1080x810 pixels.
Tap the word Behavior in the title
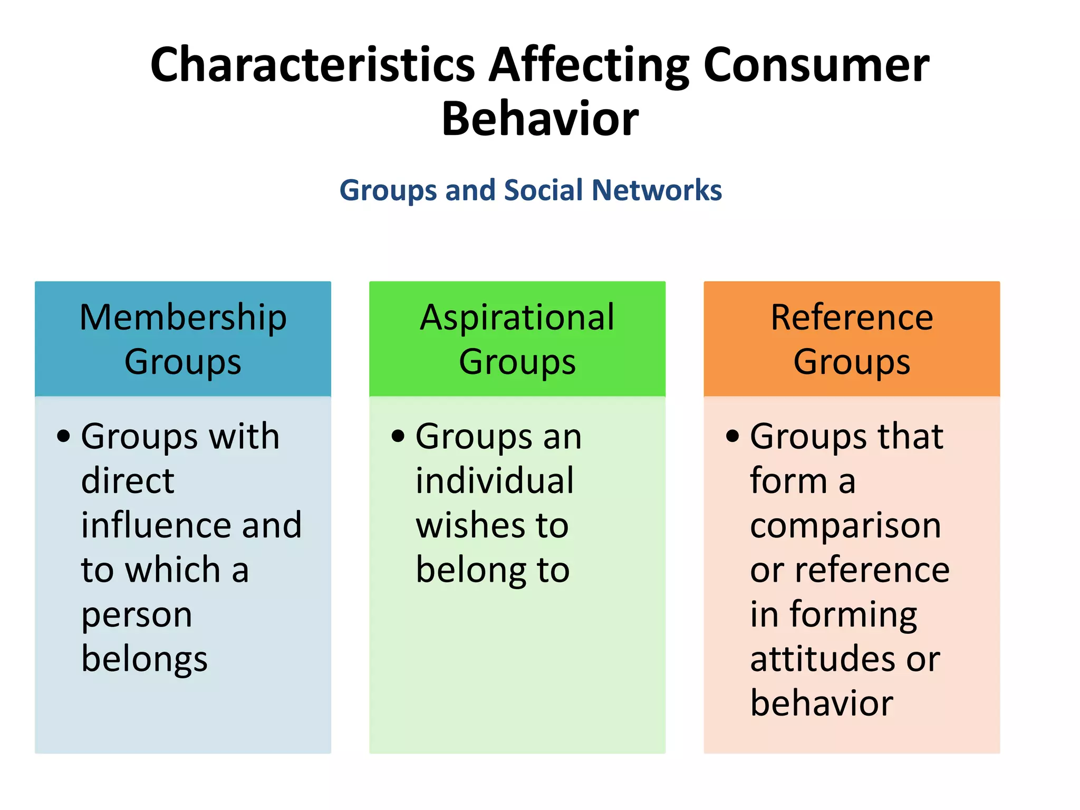coord(540,119)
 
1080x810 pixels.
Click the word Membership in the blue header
coord(183,317)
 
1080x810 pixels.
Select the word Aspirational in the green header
coord(517,317)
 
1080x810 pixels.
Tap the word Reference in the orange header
coord(852,317)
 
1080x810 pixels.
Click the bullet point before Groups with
coord(64,436)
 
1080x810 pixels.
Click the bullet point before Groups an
coord(398,436)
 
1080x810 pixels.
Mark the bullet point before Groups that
coord(732,436)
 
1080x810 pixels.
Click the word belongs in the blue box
coord(144,660)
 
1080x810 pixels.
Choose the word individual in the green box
coord(494,481)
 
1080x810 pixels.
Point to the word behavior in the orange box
coord(822,703)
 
